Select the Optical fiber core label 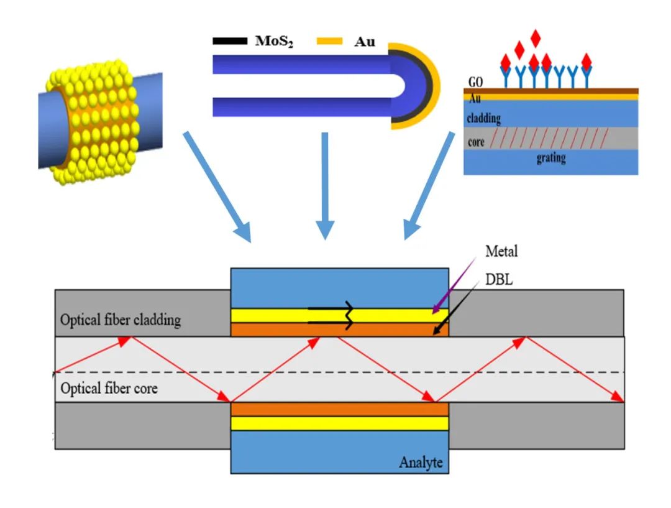(x=109, y=389)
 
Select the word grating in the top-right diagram (x=551, y=158)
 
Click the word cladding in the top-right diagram (x=484, y=118)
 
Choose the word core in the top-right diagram (x=476, y=142)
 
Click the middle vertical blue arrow (x=323, y=187)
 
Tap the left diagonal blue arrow (x=217, y=187)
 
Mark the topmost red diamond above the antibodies (x=536, y=38)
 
